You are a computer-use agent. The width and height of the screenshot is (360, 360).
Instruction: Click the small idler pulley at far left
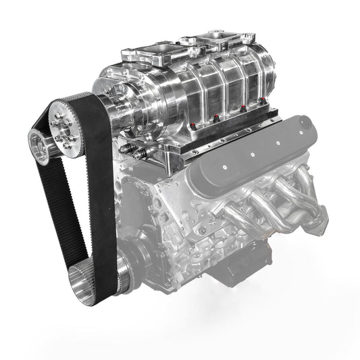pos(38,147)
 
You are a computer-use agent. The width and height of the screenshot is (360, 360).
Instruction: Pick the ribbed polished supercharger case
pos(203,84)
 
